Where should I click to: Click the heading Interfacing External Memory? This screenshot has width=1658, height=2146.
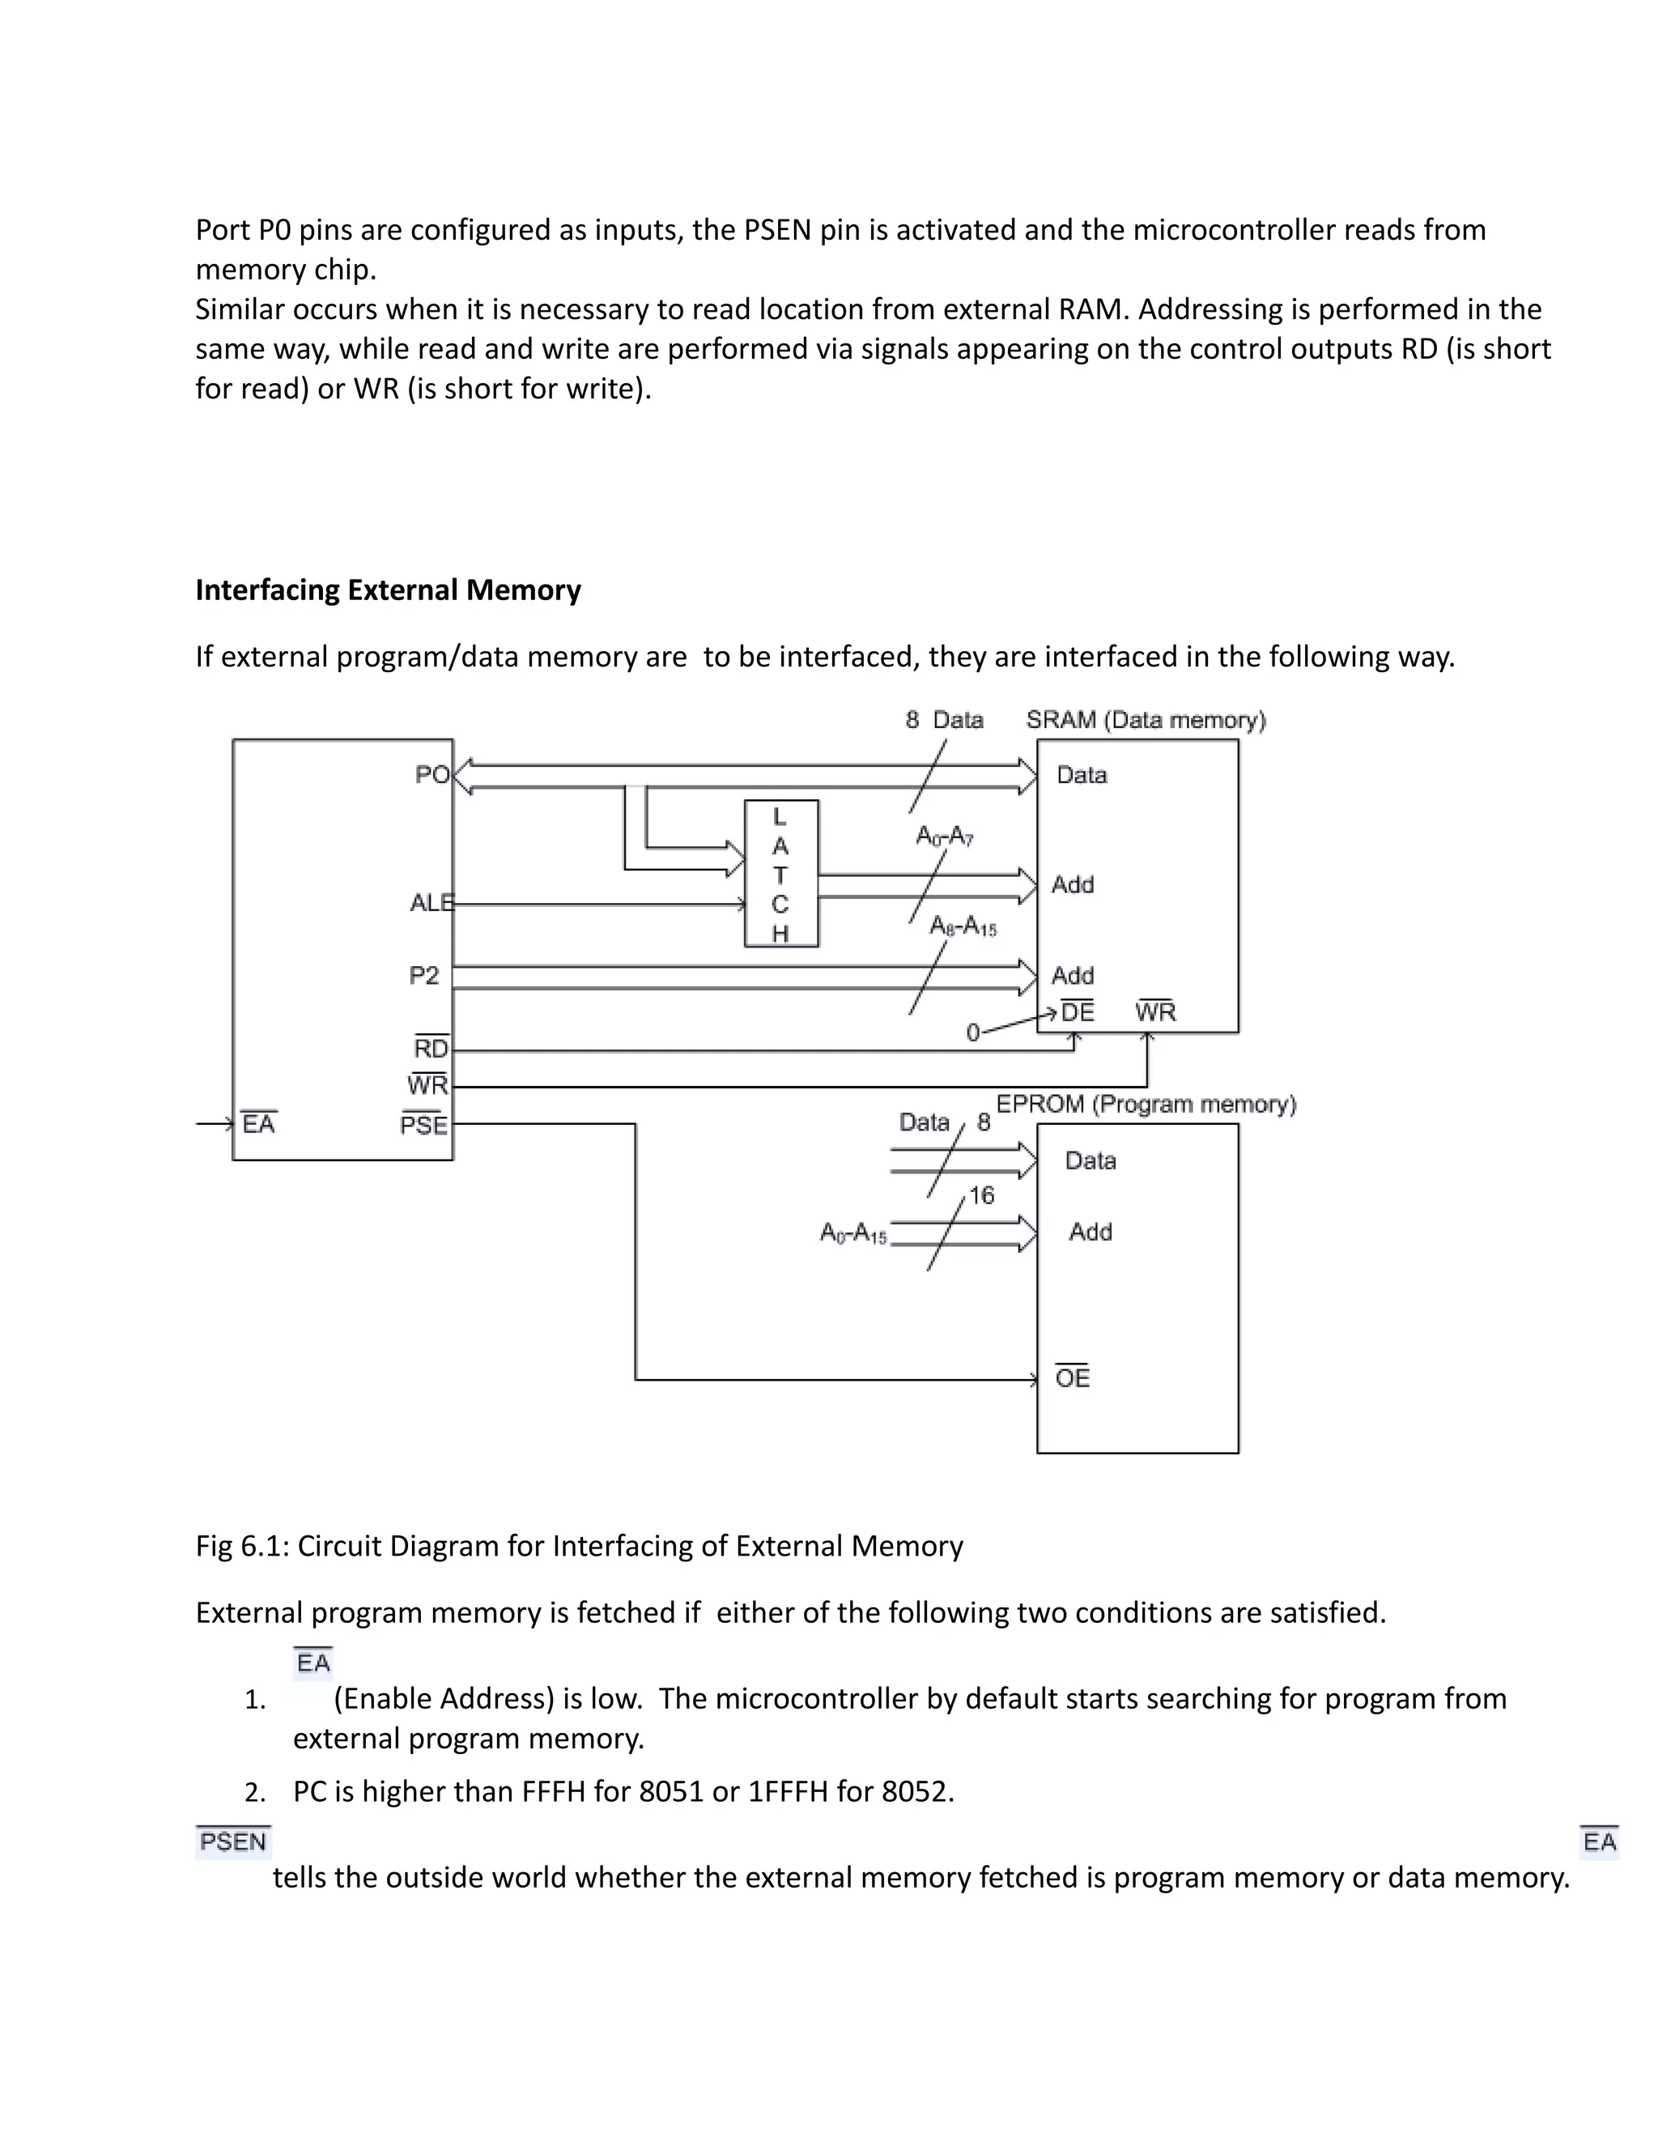388,590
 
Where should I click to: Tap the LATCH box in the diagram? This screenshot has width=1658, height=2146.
781,874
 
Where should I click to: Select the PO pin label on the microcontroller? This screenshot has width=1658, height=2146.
432,774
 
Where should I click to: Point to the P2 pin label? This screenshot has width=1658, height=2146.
424,976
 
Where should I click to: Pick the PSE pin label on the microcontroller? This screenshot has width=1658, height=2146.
424,1125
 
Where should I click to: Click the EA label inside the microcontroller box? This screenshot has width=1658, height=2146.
258,1123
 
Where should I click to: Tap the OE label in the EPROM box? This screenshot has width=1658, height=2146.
1072,1377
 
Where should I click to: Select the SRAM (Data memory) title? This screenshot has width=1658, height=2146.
1146,720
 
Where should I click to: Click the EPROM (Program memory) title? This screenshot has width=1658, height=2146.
1146,1105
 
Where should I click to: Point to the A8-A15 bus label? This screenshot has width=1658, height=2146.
963,926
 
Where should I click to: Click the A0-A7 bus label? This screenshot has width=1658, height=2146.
944,837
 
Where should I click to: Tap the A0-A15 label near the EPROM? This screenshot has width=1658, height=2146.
852,1233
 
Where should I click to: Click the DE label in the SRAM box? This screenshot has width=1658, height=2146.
1077,1012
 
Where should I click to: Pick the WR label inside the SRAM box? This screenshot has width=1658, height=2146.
1155,1012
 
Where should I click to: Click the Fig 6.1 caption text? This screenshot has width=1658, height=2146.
579,1546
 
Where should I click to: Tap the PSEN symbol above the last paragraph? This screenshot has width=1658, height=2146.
233,1842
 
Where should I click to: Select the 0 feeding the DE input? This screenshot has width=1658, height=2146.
972,1033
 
